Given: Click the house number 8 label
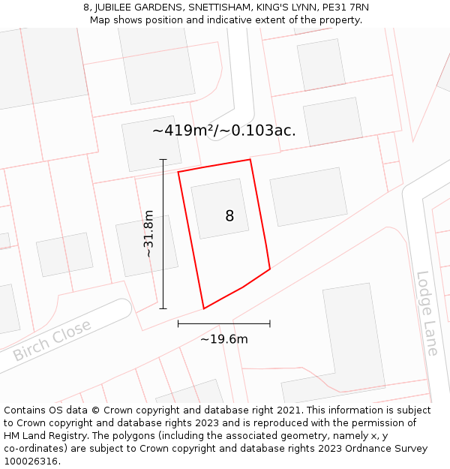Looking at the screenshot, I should (x=229, y=216).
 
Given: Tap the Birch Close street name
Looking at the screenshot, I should (x=52, y=340).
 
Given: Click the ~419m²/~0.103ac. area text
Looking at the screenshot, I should (x=223, y=131).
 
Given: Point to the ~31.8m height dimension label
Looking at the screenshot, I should (x=148, y=233).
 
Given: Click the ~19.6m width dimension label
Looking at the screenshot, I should (x=223, y=339).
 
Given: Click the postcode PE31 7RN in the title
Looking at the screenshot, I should (x=345, y=7).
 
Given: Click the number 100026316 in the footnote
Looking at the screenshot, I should (x=31, y=461).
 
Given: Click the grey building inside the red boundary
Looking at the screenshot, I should (x=219, y=208).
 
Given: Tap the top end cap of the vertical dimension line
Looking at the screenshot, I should (x=163, y=159).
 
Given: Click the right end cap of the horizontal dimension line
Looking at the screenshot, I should (x=270, y=323).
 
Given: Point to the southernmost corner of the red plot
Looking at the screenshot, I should (x=204, y=308).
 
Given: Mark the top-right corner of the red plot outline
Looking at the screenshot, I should (x=250, y=159).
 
